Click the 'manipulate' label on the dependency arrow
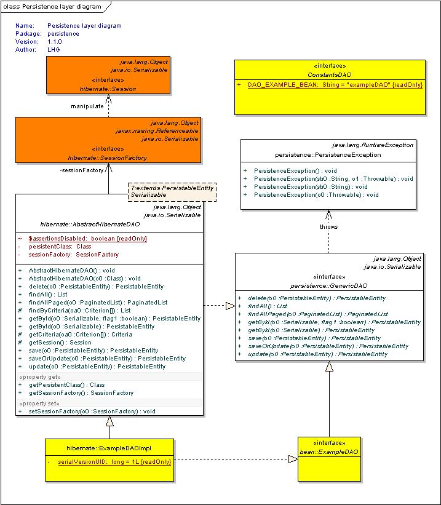[87, 106]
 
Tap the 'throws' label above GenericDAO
[328, 227]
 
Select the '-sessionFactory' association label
[82, 170]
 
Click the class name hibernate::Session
[108, 89]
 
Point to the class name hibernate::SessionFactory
[107, 158]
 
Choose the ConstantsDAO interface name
[330, 74]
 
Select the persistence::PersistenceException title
[328, 155]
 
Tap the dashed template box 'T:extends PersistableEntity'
[172, 192]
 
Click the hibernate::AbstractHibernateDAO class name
[90, 224]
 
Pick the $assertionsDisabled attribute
[87, 239]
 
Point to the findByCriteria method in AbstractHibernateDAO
[79, 311]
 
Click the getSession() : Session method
[60, 343]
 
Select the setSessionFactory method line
[92, 412]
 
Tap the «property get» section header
[40, 377]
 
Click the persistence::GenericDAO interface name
[328, 285]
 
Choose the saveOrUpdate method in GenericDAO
[328, 346]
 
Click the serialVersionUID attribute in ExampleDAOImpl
[114, 462]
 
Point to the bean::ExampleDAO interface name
[329, 452]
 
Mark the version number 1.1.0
[55, 42]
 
